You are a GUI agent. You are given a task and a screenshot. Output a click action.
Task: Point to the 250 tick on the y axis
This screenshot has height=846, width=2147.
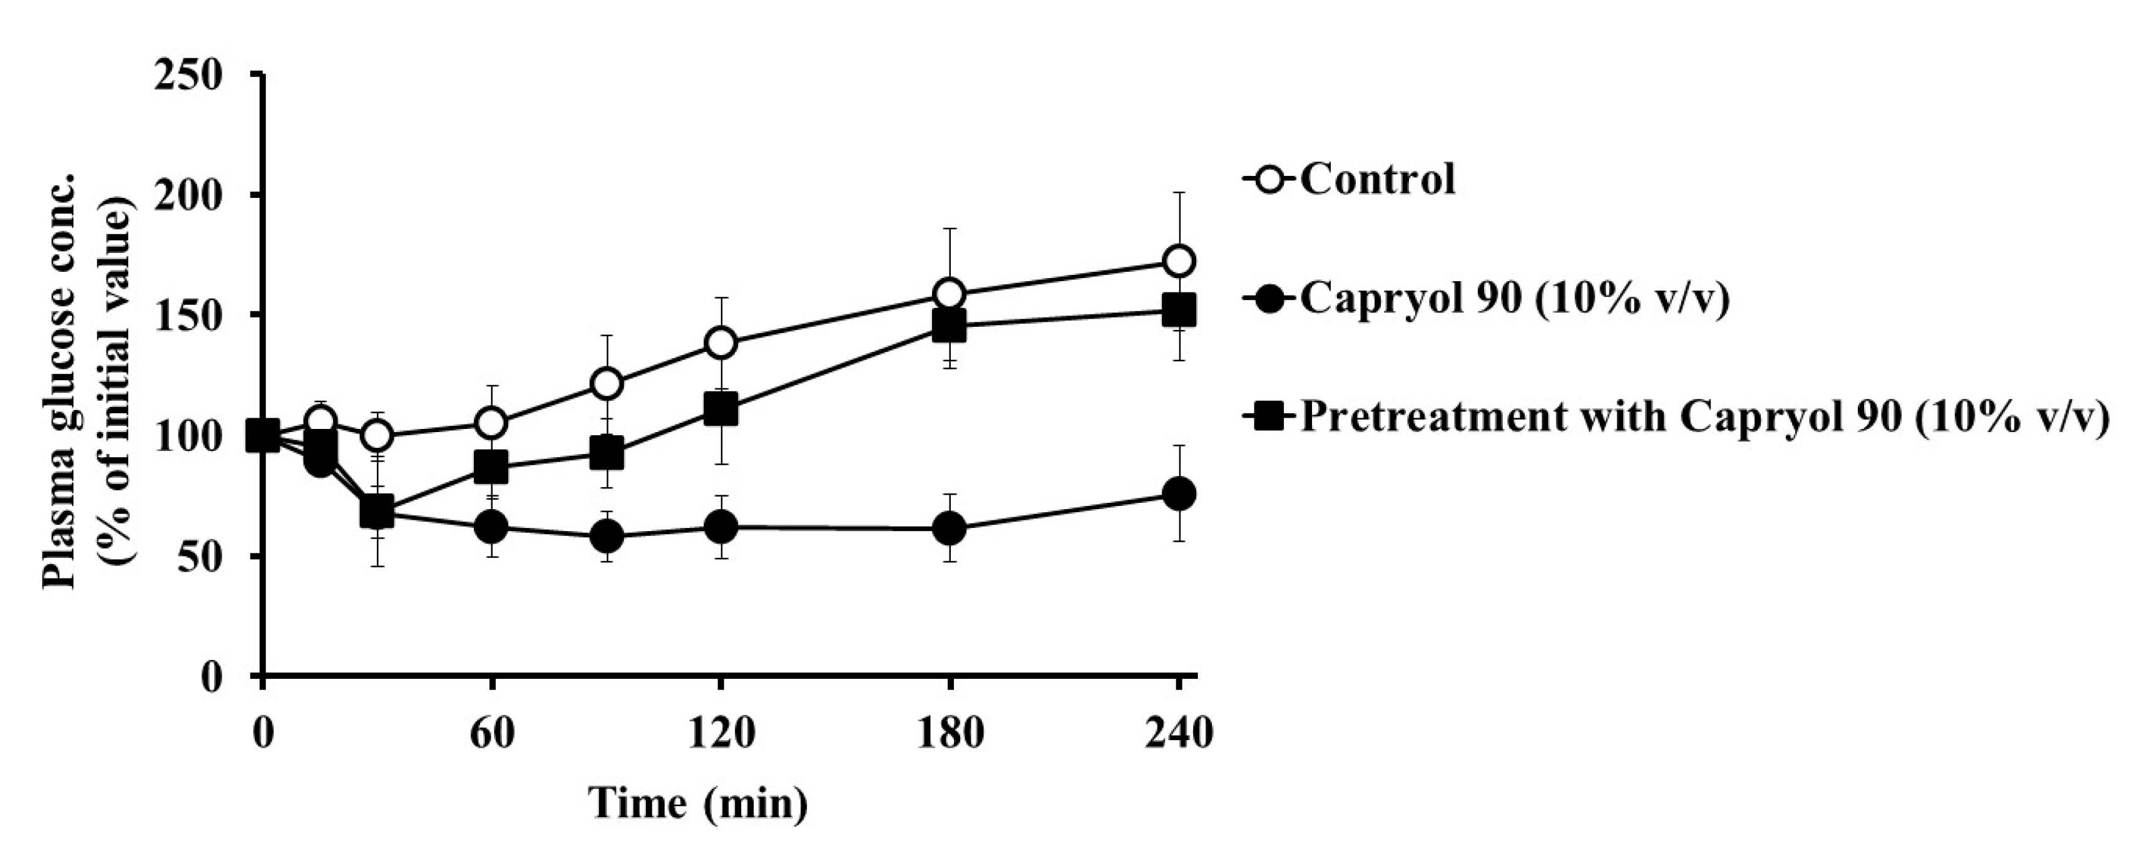point(190,76)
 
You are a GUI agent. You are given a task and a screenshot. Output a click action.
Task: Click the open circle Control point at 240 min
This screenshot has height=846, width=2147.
point(1179,261)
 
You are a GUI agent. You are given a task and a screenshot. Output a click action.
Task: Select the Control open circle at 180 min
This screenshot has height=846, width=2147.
point(950,294)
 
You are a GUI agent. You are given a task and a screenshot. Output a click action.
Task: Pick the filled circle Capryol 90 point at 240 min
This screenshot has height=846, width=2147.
point(1179,493)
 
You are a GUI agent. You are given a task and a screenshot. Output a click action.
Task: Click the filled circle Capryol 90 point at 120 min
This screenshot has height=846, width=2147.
point(720,526)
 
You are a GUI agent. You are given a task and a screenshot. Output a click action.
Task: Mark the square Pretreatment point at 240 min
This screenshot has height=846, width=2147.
point(1179,311)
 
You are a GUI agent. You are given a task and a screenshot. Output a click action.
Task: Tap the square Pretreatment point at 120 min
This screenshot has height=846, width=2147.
point(720,410)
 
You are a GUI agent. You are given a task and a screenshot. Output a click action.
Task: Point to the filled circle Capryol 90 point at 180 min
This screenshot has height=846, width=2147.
point(950,528)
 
